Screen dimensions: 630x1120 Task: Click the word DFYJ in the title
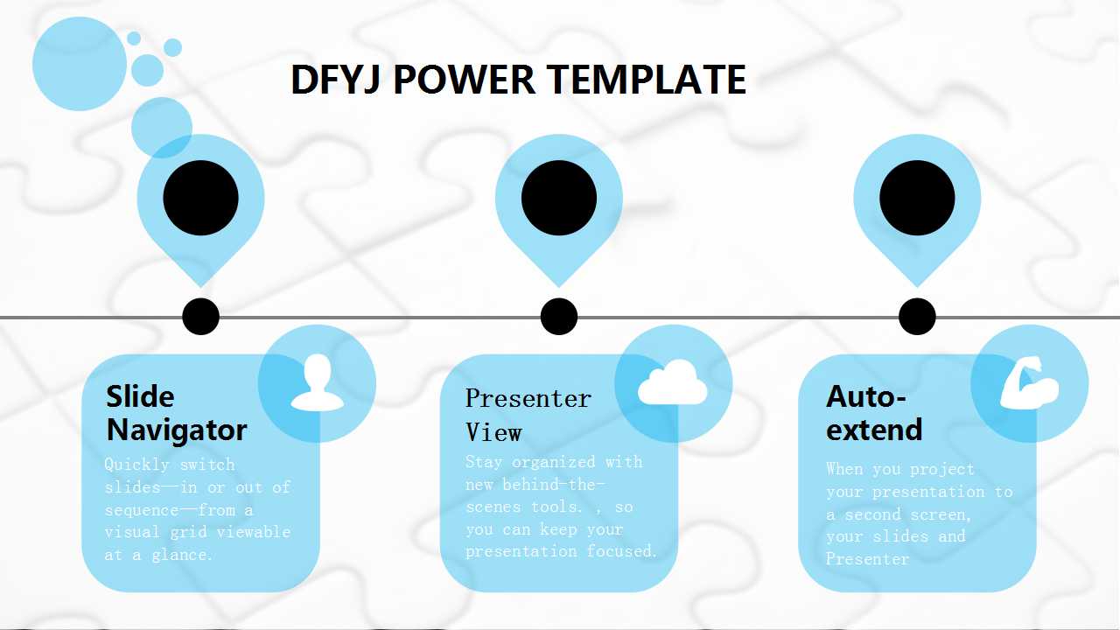pyautogui.click(x=336, y=80)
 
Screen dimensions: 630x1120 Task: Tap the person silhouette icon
pyautogui.click(x=317, y=383)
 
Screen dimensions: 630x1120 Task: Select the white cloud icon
pyautogui.click(x=672, y=384)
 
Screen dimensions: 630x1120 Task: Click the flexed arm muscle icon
pyautogui.click(x=1030, y=383)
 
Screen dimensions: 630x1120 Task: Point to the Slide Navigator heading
pyautogui.click(x=176, y=413)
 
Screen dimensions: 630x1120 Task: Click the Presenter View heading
pyautogui.click(x=528, y=415)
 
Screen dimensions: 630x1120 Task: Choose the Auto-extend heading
pyautogui.click(x=873, y=413)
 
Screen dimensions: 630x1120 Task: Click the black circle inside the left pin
pyautogui.click(x=200, y=198)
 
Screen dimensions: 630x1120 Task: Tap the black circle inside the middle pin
pyautogui.click(x=558, y=198)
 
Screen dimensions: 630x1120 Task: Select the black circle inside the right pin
pyautogui.click(x=917, y=198)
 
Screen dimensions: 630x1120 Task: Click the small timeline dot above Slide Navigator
pyautogui.click(x=200, y=317)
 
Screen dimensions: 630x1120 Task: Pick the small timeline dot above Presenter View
pyautogui.click(x=558, y=317)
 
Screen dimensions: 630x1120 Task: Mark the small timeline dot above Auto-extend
pyautogui.click(x=917, y=317)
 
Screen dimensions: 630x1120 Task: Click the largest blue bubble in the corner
pyautogui.click(x=80, y=64)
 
